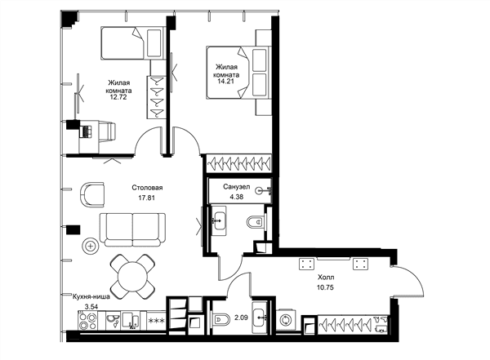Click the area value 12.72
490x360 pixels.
(118, 97)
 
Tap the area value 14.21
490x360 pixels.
(226, 82)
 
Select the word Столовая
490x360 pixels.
(147, 188)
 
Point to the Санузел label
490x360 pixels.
(237, 187)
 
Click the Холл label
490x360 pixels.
(326, 278)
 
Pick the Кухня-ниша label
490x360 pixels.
(91, 297)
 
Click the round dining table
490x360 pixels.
(132, 276)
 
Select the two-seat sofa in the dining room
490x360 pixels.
(132, 229)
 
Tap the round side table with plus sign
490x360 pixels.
(91, 247)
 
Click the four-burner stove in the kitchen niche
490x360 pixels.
(87, 321)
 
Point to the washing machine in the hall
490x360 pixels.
(286, 321)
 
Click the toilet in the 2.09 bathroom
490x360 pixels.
(220, 320)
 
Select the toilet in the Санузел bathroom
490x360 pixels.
(256, 223)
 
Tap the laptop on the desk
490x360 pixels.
(86, 131)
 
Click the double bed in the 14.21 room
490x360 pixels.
(238, 73)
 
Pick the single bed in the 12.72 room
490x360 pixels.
(131, 42)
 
